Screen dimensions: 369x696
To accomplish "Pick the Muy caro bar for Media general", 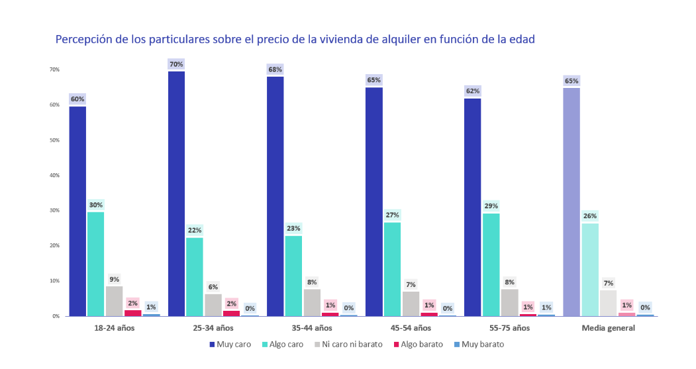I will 571,202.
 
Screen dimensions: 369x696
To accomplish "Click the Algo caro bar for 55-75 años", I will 491,265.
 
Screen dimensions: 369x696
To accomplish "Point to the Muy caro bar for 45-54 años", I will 373,201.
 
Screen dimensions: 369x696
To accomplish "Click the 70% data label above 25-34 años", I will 176,64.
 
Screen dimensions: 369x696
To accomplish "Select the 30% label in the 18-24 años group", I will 95,205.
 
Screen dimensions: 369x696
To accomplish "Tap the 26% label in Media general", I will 590,216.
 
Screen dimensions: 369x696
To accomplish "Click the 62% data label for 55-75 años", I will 472,91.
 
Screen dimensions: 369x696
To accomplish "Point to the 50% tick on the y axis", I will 54,140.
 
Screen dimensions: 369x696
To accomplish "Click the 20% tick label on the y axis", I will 54,245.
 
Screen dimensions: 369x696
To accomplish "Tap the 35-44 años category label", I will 311,328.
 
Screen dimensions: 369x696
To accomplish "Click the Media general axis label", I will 608,328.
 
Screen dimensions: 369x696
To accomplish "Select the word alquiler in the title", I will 395,40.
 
